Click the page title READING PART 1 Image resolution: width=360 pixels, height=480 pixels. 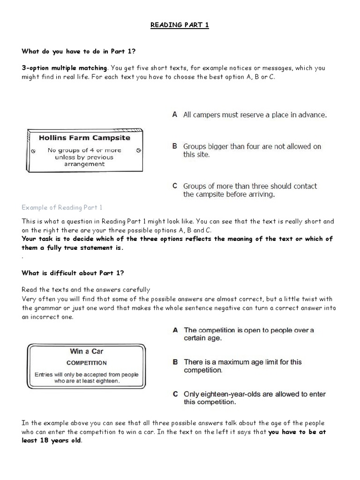pyautogui.click(x=180, y=25)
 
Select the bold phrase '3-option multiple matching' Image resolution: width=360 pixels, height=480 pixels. pyautogui.click(x=64, y=68)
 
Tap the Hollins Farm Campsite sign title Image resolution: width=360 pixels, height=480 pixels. pyautogui.click(x=84, y=138)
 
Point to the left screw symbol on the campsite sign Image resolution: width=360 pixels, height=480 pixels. pyautogui.click(x=33, y=151)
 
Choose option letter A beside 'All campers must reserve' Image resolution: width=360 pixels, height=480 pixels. pyautogui.click(x=174, y=114)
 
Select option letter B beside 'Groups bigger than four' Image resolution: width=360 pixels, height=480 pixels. pyautogui.click(x=174, y=146)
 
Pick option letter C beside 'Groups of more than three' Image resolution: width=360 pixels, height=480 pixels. pyautogui.click(x=174, y=186)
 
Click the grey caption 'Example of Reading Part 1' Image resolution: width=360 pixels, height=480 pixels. pyautogui.click(x=62, y=207)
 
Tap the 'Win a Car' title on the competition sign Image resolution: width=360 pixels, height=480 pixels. pyautogui.click(x=87, y=352)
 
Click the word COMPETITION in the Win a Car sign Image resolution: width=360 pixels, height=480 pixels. pyautogui.click(x=87, y=363)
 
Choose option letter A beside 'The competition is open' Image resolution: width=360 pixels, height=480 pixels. pyautogui.click(x=175, y=330)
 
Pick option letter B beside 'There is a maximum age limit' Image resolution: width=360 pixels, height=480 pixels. pyautogui.click(x=175, y=362)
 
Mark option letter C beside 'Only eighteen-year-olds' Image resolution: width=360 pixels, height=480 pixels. pyautogui.click(x=175, y=394)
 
